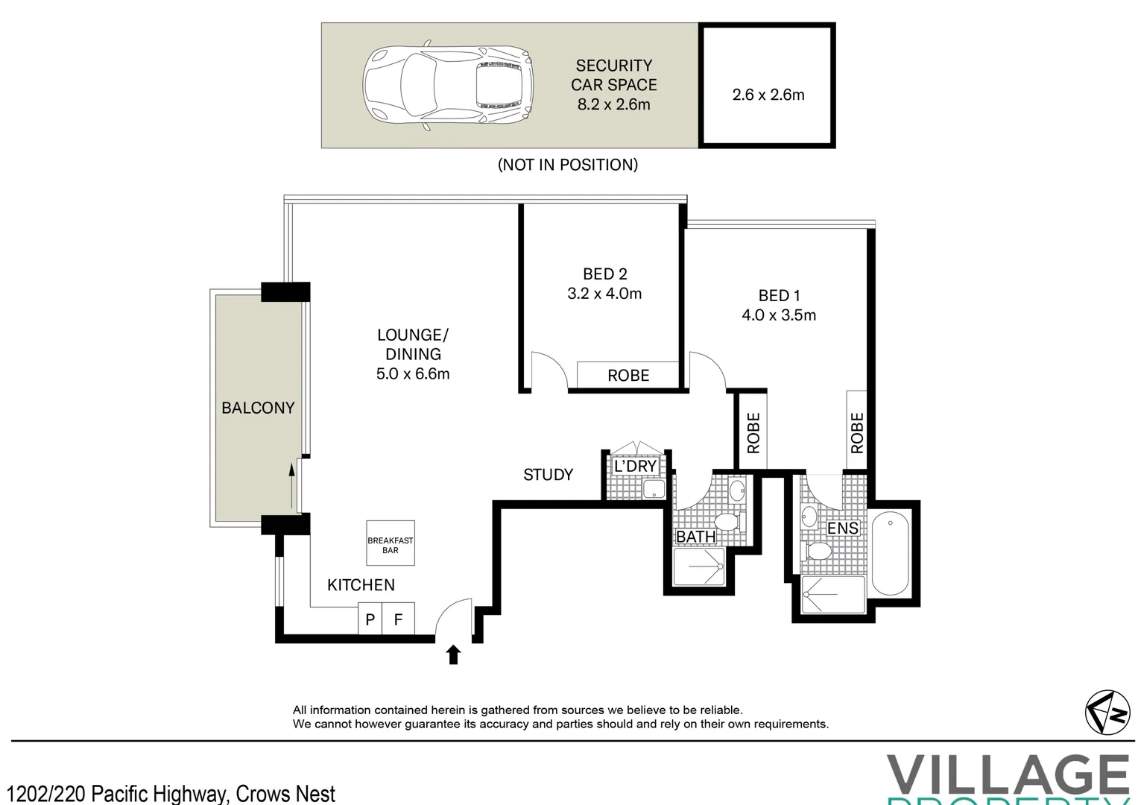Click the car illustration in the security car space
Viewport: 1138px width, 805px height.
tap(448, 85)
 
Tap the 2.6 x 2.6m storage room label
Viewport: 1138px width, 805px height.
tap(768, 95)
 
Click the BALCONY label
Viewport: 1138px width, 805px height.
tap(258, 408)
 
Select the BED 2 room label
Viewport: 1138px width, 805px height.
tap(604, 274)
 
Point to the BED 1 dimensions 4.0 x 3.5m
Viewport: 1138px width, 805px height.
tap(778, 315)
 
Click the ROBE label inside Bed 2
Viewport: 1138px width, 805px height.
tap(628, 376)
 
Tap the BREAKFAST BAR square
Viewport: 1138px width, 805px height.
tap(391, 543)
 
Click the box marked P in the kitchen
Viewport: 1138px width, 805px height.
tap(370, 619)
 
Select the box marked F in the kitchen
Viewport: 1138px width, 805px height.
tap(398, 619)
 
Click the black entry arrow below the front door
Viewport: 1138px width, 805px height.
tap(453, 654)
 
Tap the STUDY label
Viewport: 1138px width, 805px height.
tap(548, 475)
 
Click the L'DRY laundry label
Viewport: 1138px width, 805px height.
tap(635, 467)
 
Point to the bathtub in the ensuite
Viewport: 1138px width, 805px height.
tap(890, 552)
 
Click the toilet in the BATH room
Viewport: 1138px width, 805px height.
tap(725, 520)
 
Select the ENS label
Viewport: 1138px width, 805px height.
tap(843, 528)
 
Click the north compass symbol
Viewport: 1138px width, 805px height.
tap(1107, 712)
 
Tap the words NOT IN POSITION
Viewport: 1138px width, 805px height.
tap(567, 165)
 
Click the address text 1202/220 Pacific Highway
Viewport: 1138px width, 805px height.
tap(171, 793)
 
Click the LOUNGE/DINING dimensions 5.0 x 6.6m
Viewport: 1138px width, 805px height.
tap(413, 374)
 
